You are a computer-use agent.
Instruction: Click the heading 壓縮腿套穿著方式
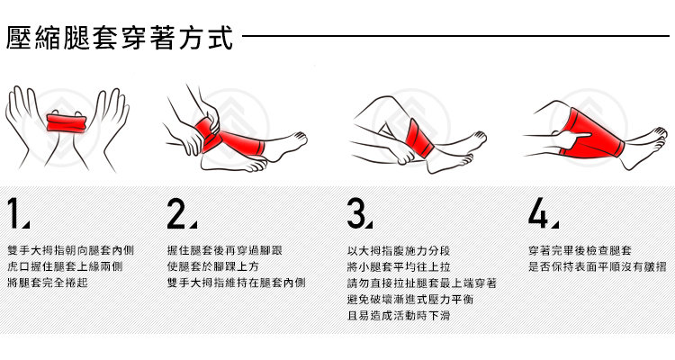coord(119,38)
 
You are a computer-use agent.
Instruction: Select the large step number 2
coord(176,213)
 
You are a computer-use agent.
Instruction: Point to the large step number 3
coord(356,213)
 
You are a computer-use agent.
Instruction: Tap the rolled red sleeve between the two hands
coord(67,123)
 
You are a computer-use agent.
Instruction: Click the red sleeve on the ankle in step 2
coord(230,139)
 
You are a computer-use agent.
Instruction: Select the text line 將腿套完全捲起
coord(48,283)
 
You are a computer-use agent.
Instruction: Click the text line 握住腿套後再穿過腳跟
coord(225,250)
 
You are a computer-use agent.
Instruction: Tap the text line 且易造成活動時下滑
coord(399,316)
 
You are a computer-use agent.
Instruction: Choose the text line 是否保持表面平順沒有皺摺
coord(597,266)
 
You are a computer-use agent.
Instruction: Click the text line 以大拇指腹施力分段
coord(399,250)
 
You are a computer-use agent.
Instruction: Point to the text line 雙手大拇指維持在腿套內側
coord(237,283)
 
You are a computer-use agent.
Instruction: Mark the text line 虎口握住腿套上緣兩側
coord(65,266)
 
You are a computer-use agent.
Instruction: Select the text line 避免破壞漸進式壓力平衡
coord(410,300)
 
